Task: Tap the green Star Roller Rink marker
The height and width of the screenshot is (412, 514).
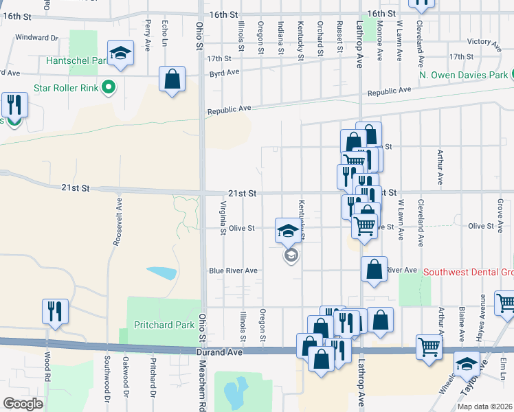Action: tap(107, 87)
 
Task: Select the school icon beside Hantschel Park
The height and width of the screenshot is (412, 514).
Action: tap(120, 54)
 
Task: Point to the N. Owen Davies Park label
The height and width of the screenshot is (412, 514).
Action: tap(463, 74)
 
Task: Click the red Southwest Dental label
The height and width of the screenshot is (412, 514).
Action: tap(467, 271)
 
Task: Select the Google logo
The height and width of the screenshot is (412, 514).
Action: tap(23, 404)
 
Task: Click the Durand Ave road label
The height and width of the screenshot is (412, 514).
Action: tap(212, 352)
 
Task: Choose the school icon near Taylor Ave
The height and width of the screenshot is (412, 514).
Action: tap(467, 363)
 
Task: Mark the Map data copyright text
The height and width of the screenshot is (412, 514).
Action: tap(484, 406)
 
